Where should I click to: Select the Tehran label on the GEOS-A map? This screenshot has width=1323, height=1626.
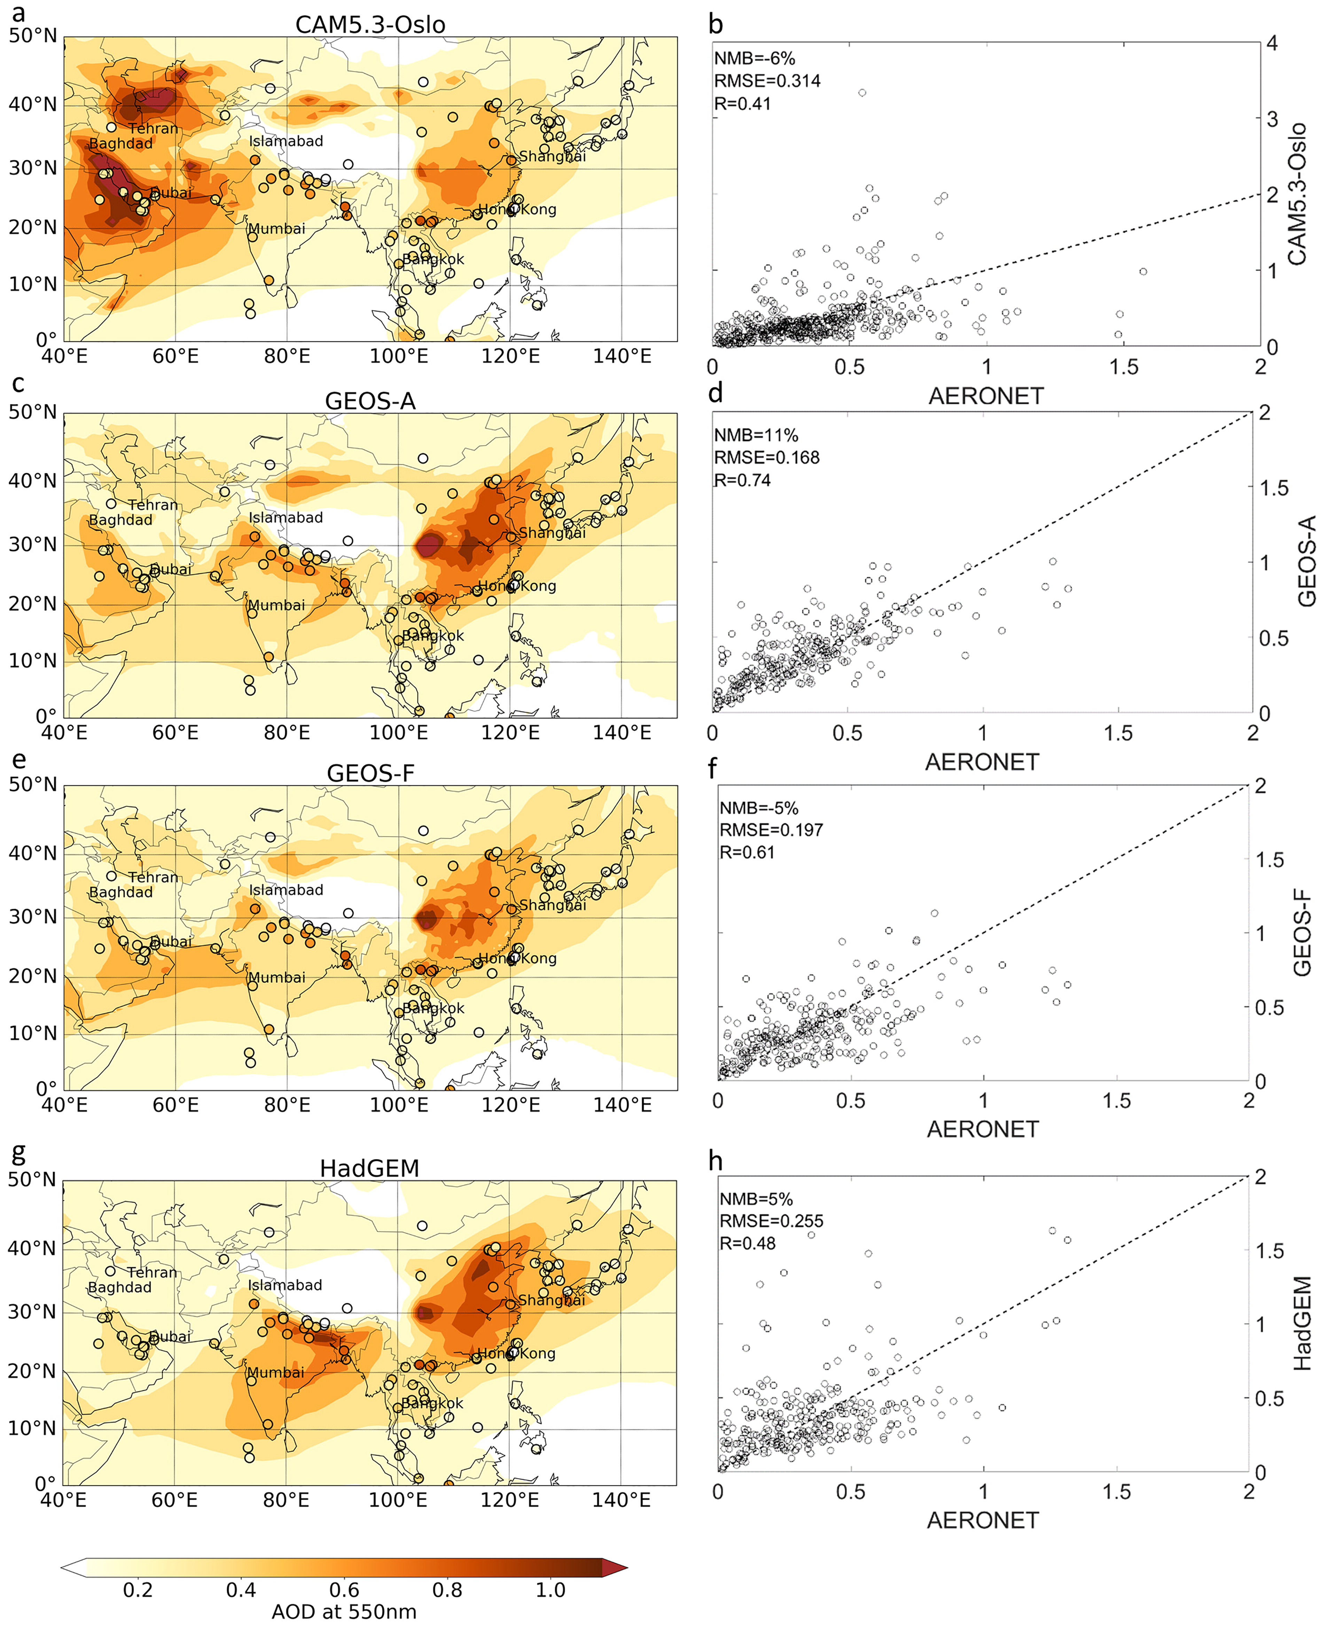(x=153, y=505)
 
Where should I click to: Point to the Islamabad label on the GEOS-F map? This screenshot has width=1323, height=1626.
(x=286, y=889)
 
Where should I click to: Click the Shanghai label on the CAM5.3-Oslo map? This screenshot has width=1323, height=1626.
(x=553, y=156)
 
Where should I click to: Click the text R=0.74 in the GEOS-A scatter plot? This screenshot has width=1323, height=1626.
(x=742, y=480)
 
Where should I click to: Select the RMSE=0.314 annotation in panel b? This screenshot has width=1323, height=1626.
(x=767, y=81)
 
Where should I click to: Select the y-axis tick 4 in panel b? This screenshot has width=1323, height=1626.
(x=1271, y=44)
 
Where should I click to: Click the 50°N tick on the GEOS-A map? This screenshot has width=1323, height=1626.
(x=33, y=412)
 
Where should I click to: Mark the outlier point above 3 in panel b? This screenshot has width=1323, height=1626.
(x=862, y=93)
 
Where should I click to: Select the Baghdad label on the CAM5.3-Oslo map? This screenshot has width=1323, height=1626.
(x=120, y=143)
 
